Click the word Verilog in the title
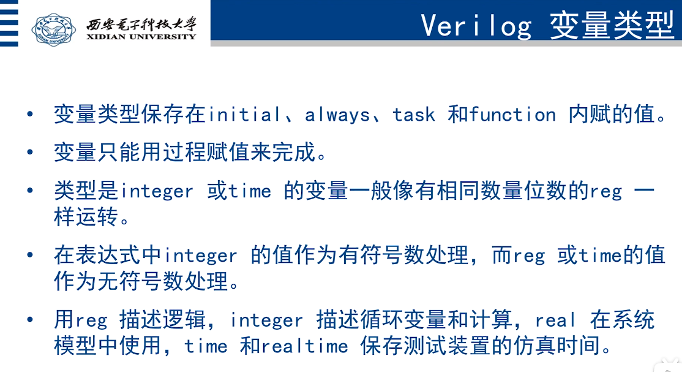click(x=476, y=26)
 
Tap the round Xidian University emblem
click(x=53, y=29)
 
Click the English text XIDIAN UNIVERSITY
click(x=141, y=37)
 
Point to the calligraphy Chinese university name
click(x=141, y=23)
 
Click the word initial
click(x=244, y=115)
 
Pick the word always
click(x=337, y=115)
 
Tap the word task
click(x=414, y=115)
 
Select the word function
click(x=513, y=115)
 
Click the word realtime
click(x=305, y=346)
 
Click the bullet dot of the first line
click(x=29, y=115)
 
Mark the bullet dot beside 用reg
click(x=29, y=320)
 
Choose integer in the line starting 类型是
click(x=157, y=191)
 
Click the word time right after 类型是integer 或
click(x=250, y=191)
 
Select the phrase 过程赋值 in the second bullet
click(x=206, y=153)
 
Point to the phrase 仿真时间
click(x=556, y=346)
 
